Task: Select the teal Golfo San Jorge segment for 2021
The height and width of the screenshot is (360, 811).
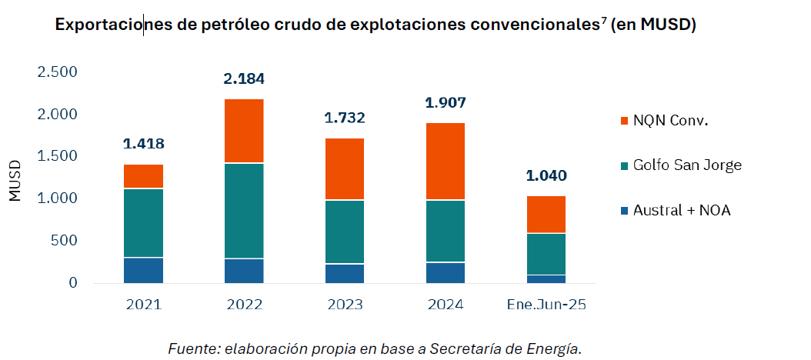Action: tap(143, 223)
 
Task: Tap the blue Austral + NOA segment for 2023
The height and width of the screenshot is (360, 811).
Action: tap(344, 273)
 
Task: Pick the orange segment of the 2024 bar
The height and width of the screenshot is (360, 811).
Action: tap(446, 162)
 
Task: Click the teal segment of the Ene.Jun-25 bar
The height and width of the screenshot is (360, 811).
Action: tap(546, 254)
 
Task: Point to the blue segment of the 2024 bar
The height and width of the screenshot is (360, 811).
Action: tap(446, 272)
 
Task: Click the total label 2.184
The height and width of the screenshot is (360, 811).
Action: tap(244, 78)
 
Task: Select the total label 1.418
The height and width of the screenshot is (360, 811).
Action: tap(143, 144)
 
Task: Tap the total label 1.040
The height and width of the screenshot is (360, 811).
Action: tap(546, 175)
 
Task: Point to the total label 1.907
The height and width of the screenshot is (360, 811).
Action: tap(446, 102)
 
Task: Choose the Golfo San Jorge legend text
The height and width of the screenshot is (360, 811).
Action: tap(687, 165)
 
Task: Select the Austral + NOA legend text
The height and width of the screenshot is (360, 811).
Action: tap(681, 210)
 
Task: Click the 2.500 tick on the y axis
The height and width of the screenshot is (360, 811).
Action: tap(58, 72)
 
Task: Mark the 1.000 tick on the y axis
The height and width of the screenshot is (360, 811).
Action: tap(58, 198)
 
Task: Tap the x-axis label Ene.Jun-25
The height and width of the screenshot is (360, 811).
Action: tap(546, 305)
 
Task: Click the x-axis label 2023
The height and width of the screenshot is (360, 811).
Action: tap(344, 305)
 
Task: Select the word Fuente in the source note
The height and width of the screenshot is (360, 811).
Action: tap(191, 348)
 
